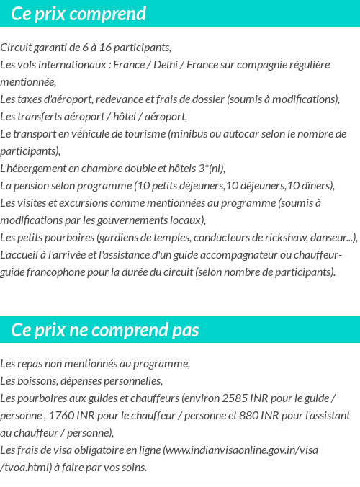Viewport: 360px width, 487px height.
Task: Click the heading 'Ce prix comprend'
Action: click(78, 14)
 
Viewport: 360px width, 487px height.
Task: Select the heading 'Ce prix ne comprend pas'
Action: click(105, 330)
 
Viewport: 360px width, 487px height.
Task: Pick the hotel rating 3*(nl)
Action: click(210, 169)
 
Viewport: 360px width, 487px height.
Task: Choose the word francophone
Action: click(53, 272)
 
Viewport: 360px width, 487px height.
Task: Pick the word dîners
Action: click(319, 186)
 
